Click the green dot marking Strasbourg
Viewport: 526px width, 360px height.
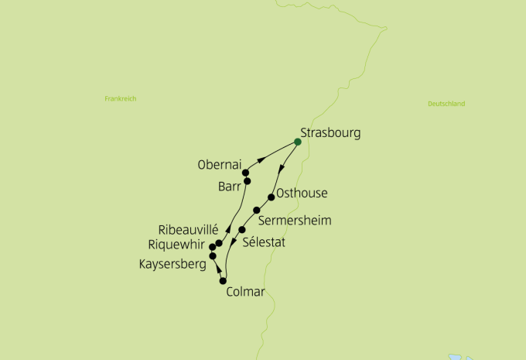298,142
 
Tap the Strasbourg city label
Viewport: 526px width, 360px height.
330,132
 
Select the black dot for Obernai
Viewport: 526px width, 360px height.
245,173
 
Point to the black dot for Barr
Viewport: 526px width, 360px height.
248,181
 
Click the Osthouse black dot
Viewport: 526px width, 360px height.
271,197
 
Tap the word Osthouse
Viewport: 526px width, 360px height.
302,194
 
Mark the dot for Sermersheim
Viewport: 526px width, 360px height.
256,211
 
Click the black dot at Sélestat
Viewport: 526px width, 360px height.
242,230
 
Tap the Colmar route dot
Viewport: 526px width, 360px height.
223,281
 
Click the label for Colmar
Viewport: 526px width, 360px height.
245,293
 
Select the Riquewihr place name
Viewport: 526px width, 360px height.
180,245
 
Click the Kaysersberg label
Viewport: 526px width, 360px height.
172,265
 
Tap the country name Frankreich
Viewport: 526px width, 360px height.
120,99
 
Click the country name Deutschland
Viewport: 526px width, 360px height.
446,104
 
